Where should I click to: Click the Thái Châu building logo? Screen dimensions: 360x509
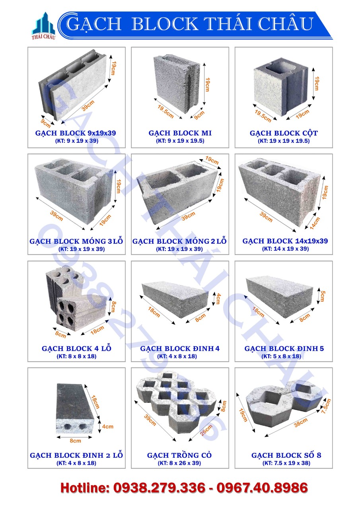(x=43, y=26)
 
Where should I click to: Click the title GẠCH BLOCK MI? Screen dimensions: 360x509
(x=180, y=133)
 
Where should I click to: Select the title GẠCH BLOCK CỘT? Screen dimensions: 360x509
(x=284, y=133)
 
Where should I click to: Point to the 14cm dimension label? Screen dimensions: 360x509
(x=315, y=223)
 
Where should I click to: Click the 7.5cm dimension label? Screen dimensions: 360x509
(x=326, y=406)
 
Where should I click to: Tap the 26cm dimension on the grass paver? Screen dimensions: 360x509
(x=206, y=430)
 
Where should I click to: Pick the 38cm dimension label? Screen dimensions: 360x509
(x=301, y=422)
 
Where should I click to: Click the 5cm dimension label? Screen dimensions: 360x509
(x=323, y=296)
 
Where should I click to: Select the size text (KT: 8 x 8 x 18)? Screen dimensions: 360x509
(x=76, y=356)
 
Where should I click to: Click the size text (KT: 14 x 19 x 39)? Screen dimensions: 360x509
(x=285, y=249)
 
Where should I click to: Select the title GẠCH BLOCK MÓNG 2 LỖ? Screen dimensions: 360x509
(x=179, y=241)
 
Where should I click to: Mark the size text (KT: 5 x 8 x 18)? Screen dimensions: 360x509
(x=281, y=356)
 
